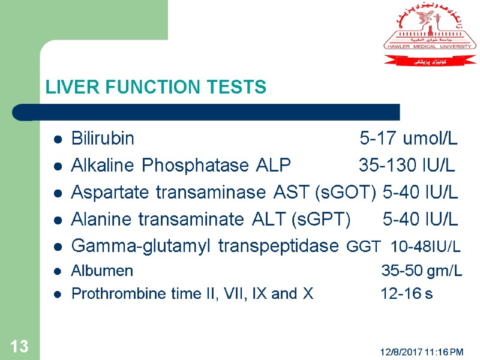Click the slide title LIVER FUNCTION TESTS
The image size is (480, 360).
point(155,88)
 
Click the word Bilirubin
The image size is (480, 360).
point(103,139)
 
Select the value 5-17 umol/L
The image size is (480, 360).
point(408,139)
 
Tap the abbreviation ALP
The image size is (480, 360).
point(273,166)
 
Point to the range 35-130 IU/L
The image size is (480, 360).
point(406,166)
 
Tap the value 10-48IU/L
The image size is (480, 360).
point(425,247)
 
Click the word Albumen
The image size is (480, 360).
point(102,271)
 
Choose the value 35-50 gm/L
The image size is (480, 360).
point(422,271)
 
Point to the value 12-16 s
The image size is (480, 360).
point(406,294)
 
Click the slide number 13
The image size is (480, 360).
point(19,346)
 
